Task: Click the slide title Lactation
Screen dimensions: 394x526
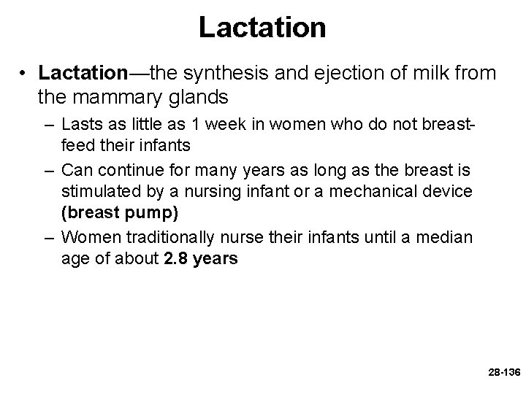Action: tap(262, 28)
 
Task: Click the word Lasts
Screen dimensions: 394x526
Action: tap(81, 125)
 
